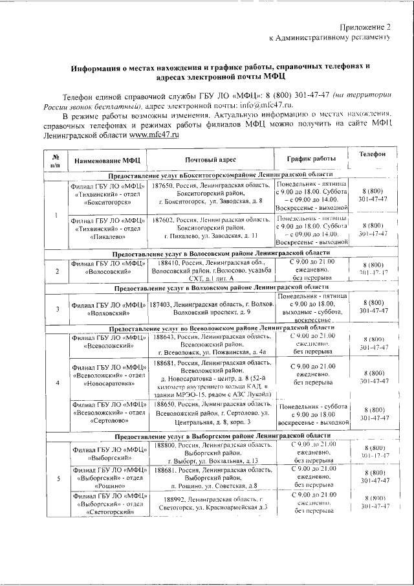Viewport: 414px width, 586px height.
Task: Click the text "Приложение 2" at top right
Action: coord(366,27)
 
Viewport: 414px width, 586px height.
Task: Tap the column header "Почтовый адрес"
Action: coord(210,159)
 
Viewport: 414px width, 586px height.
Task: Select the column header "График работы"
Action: coord(311,159)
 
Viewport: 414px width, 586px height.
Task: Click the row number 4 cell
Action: coord(58,382)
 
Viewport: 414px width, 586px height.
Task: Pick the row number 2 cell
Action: coord(58,271)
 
